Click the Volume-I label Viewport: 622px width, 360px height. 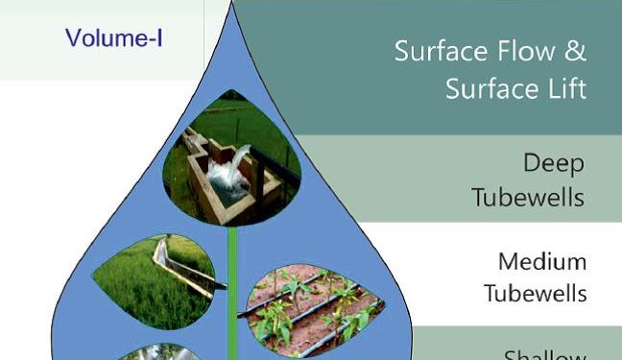click(113, 39)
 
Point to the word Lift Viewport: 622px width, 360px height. click(560, 89)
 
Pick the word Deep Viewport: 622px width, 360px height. click(553, 163)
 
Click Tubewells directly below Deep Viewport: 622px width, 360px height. click(528, 198)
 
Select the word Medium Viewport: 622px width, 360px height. click(541, 261)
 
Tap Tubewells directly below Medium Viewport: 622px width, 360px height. click(535, 293)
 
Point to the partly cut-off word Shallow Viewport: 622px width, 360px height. click(543, 354)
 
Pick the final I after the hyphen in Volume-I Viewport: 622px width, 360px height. click(158, 39)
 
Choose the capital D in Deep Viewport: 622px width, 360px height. click(531, 163)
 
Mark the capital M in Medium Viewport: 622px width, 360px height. click(507, 261)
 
